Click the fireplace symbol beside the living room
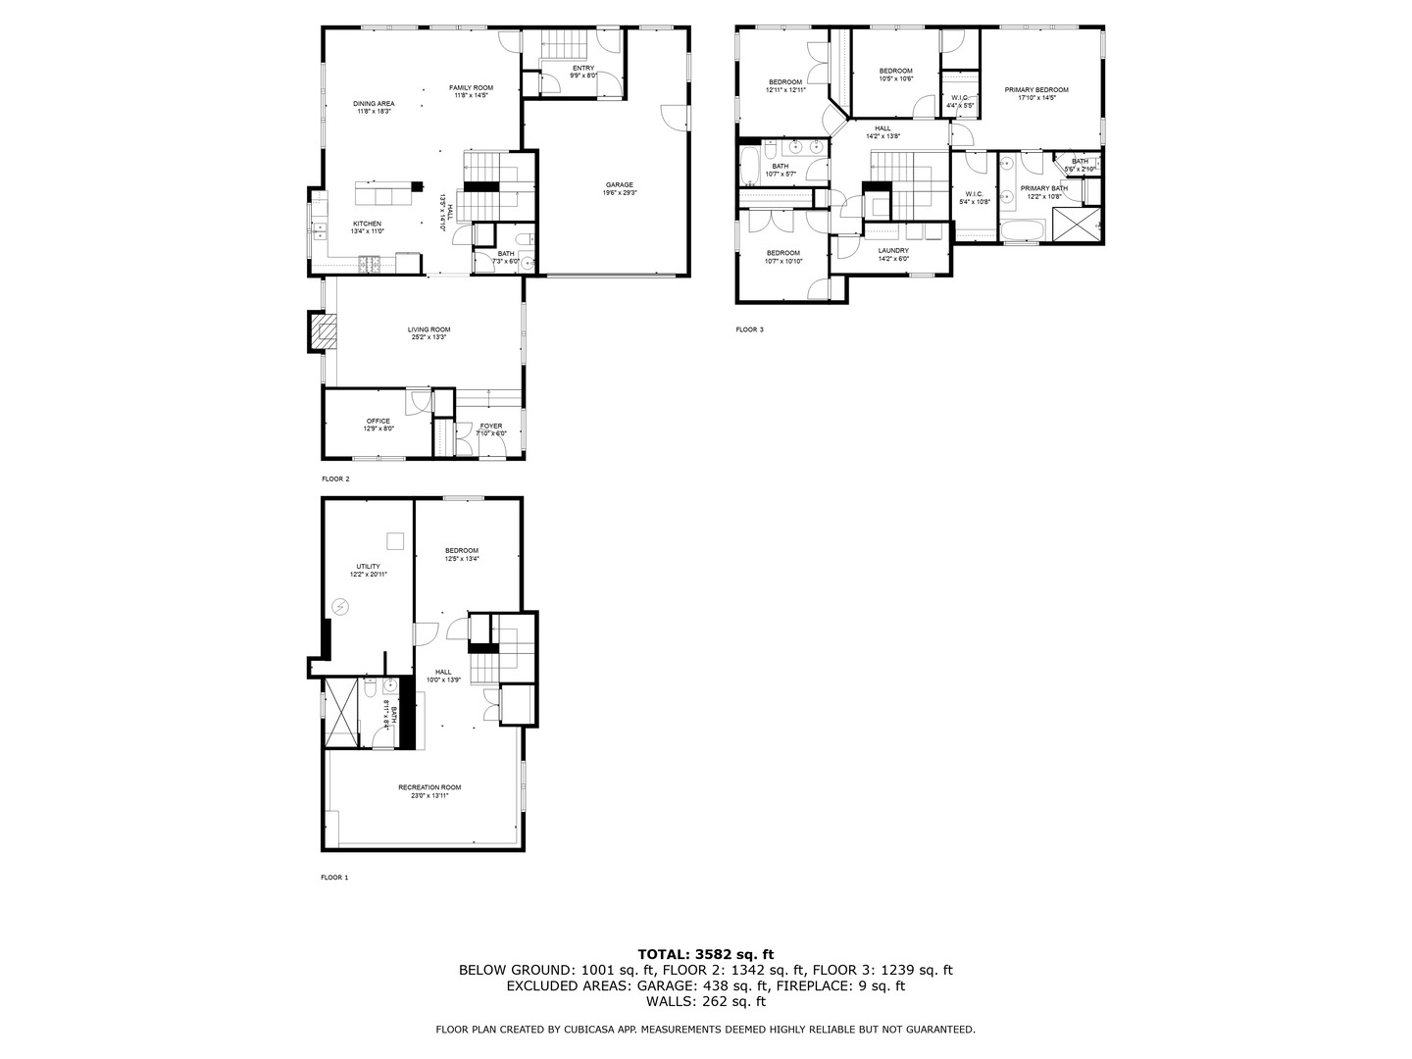click(321, 331)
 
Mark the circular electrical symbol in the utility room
click(340, 606)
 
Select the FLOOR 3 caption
click(749, 329)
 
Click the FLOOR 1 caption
click(334, 878)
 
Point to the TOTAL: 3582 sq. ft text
click(705, 953)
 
